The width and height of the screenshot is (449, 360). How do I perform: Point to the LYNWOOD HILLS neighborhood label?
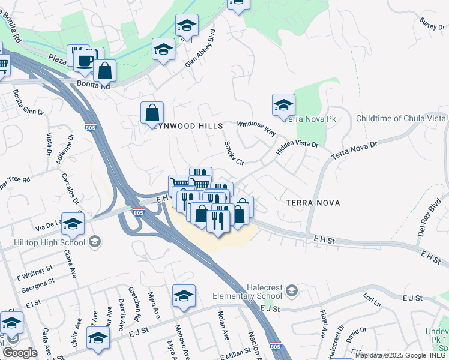click(188, 126)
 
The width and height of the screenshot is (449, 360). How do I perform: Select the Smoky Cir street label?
click(234, 153)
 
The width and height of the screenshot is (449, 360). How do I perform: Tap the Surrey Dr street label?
click(432, 24)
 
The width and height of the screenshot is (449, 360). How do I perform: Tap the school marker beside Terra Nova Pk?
click(283, 105)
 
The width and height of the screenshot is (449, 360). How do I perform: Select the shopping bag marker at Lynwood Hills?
click(152, 112)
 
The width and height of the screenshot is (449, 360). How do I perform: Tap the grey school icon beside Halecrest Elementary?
click(291, 291)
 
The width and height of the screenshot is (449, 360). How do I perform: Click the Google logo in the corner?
click(19, 353)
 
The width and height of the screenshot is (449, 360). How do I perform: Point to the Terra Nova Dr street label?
click(354, 149)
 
